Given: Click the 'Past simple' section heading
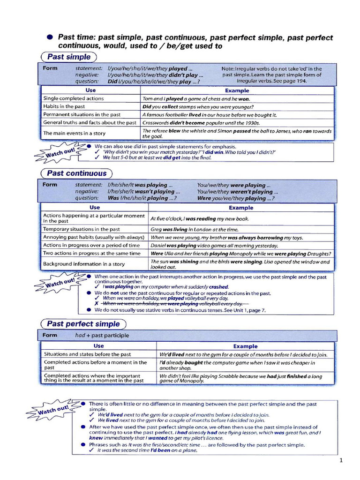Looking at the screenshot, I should click(68, 57).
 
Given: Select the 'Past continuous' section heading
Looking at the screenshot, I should click(77, 173).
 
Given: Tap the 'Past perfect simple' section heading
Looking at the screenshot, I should click(83, 324).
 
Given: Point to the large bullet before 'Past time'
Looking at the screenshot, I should click(49, 37).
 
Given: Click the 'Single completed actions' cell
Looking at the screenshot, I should click(74, 98).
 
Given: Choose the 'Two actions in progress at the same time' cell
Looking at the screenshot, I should click(92, 253).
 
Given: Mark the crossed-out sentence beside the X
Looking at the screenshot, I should click(189, 304).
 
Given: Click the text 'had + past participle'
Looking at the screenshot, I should click(102, 336).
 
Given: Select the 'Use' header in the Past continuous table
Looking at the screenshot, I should click(95, 207).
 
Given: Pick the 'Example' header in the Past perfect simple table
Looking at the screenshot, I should click(246, 346).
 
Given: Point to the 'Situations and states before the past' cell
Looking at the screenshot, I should click(87, 354).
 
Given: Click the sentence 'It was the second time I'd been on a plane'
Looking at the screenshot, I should click(147, 450).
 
